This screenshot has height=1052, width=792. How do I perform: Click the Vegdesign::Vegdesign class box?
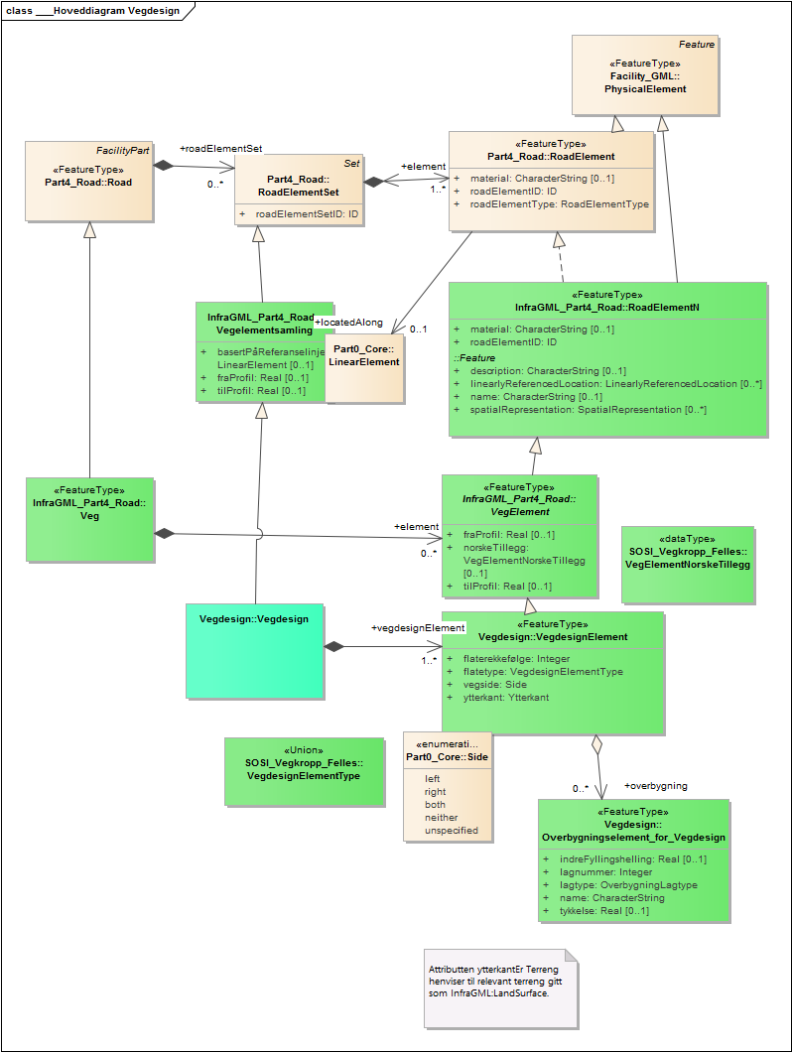[255, 650]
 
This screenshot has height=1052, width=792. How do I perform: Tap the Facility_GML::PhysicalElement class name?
[645, 82]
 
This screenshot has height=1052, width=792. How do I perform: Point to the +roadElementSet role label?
[220, 148]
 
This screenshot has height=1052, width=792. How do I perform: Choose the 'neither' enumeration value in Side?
[442, 817]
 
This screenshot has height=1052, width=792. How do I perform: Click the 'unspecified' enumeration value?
[451, 830]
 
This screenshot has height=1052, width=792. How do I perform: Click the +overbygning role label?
[655, 786]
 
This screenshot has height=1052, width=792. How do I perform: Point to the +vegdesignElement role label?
[417, 627]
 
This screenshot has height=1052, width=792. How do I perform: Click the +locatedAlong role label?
[347, 323]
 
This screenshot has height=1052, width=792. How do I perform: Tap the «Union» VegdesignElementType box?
[304, 770]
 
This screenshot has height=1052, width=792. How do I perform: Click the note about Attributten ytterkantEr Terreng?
[500, 987]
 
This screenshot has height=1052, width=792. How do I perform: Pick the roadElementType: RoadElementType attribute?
[559, 203]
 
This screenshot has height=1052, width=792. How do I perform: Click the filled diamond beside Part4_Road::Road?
[161, 166]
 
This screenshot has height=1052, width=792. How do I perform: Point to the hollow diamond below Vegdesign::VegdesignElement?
[596, 743]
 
